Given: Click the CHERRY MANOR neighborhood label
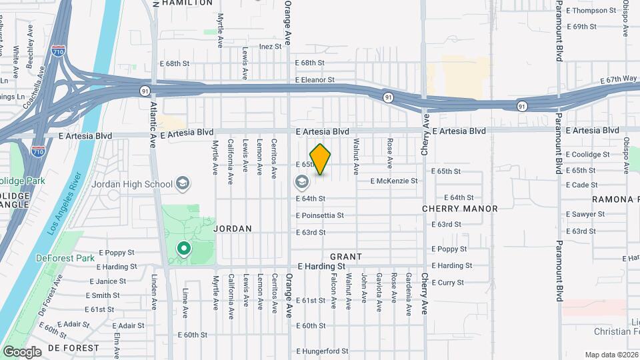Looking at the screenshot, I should coord(460,209).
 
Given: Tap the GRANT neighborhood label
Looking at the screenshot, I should coord(346,257).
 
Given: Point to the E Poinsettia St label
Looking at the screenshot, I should coord(320,215).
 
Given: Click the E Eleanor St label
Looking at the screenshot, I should coord(315,80).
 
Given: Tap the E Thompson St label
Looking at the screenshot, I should coord(591,11).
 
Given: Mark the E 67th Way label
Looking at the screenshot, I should coord(618,79).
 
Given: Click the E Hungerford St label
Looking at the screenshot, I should coord(322,351).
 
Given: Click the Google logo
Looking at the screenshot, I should coord(22,351).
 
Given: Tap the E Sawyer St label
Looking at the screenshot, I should coord(585,214).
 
